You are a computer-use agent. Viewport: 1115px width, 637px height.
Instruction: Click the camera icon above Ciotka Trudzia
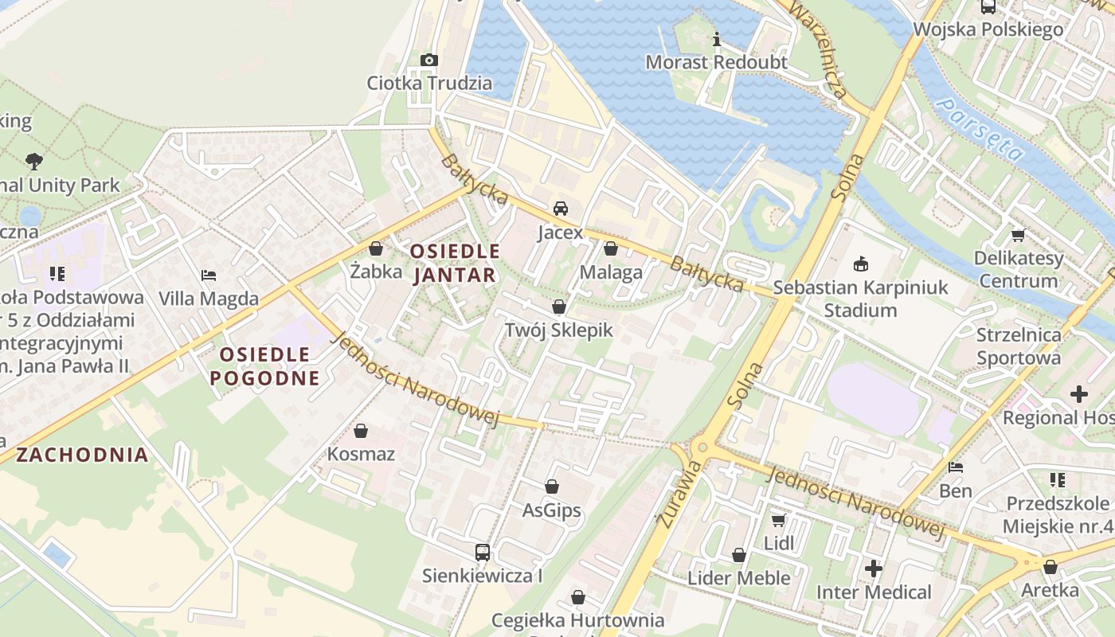(x=428, y=60)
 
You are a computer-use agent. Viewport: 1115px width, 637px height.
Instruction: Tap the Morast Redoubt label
(x=716, y=62)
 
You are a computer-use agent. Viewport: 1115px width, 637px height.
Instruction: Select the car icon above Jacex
(x=560, y=209)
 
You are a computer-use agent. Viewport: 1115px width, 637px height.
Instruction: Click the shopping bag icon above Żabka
(x=376, y=248)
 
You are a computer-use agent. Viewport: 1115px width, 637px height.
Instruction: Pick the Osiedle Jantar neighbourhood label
(x=454, y=264)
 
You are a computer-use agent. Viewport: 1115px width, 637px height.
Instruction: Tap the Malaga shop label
(x=611, y=272)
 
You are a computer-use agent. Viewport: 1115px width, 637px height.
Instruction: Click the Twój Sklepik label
(x=559, y=330)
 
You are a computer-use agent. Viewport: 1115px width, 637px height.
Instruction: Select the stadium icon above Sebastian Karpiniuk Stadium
(x=860, y=264)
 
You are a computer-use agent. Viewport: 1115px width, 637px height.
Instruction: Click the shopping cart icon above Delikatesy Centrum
(x=1018, y=235)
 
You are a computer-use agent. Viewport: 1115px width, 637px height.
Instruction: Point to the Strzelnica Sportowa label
(x=1019, y=346)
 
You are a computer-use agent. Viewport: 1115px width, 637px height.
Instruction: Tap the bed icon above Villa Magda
(x=209, y=276)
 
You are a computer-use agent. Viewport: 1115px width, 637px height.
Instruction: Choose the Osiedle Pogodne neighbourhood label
(x=264, y=365)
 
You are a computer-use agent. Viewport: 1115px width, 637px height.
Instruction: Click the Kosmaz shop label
(x=361, y=454)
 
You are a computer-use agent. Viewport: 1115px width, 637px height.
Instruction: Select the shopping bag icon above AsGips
(x=552, y=487)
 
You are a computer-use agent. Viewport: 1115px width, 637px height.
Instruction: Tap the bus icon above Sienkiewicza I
(x=482, y=552)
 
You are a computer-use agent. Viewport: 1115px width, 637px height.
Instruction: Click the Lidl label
(x=779, y=543)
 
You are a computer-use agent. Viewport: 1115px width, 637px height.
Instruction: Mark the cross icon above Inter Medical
(x=874, y=569)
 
